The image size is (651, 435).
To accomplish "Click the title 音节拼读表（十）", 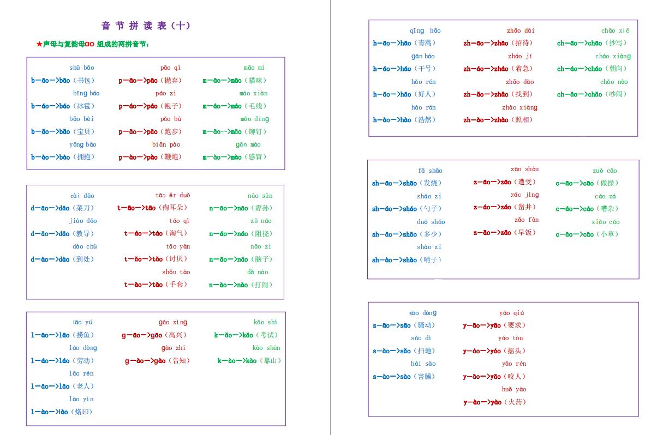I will [146, 26].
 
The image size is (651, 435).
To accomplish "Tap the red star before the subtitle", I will [39, 44].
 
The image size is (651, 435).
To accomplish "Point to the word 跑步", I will [171, 132].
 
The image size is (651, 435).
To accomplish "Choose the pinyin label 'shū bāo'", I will [82, 68].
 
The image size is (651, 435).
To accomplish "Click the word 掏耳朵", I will [174, 208].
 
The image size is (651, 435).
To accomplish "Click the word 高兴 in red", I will [176, 335].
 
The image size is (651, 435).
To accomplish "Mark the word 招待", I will [523, 43].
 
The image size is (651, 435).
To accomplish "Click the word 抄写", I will [617, 43].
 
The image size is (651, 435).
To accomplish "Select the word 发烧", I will [432, 183].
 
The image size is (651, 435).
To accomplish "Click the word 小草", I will [608, 234].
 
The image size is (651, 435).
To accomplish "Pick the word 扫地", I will [425, 351].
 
